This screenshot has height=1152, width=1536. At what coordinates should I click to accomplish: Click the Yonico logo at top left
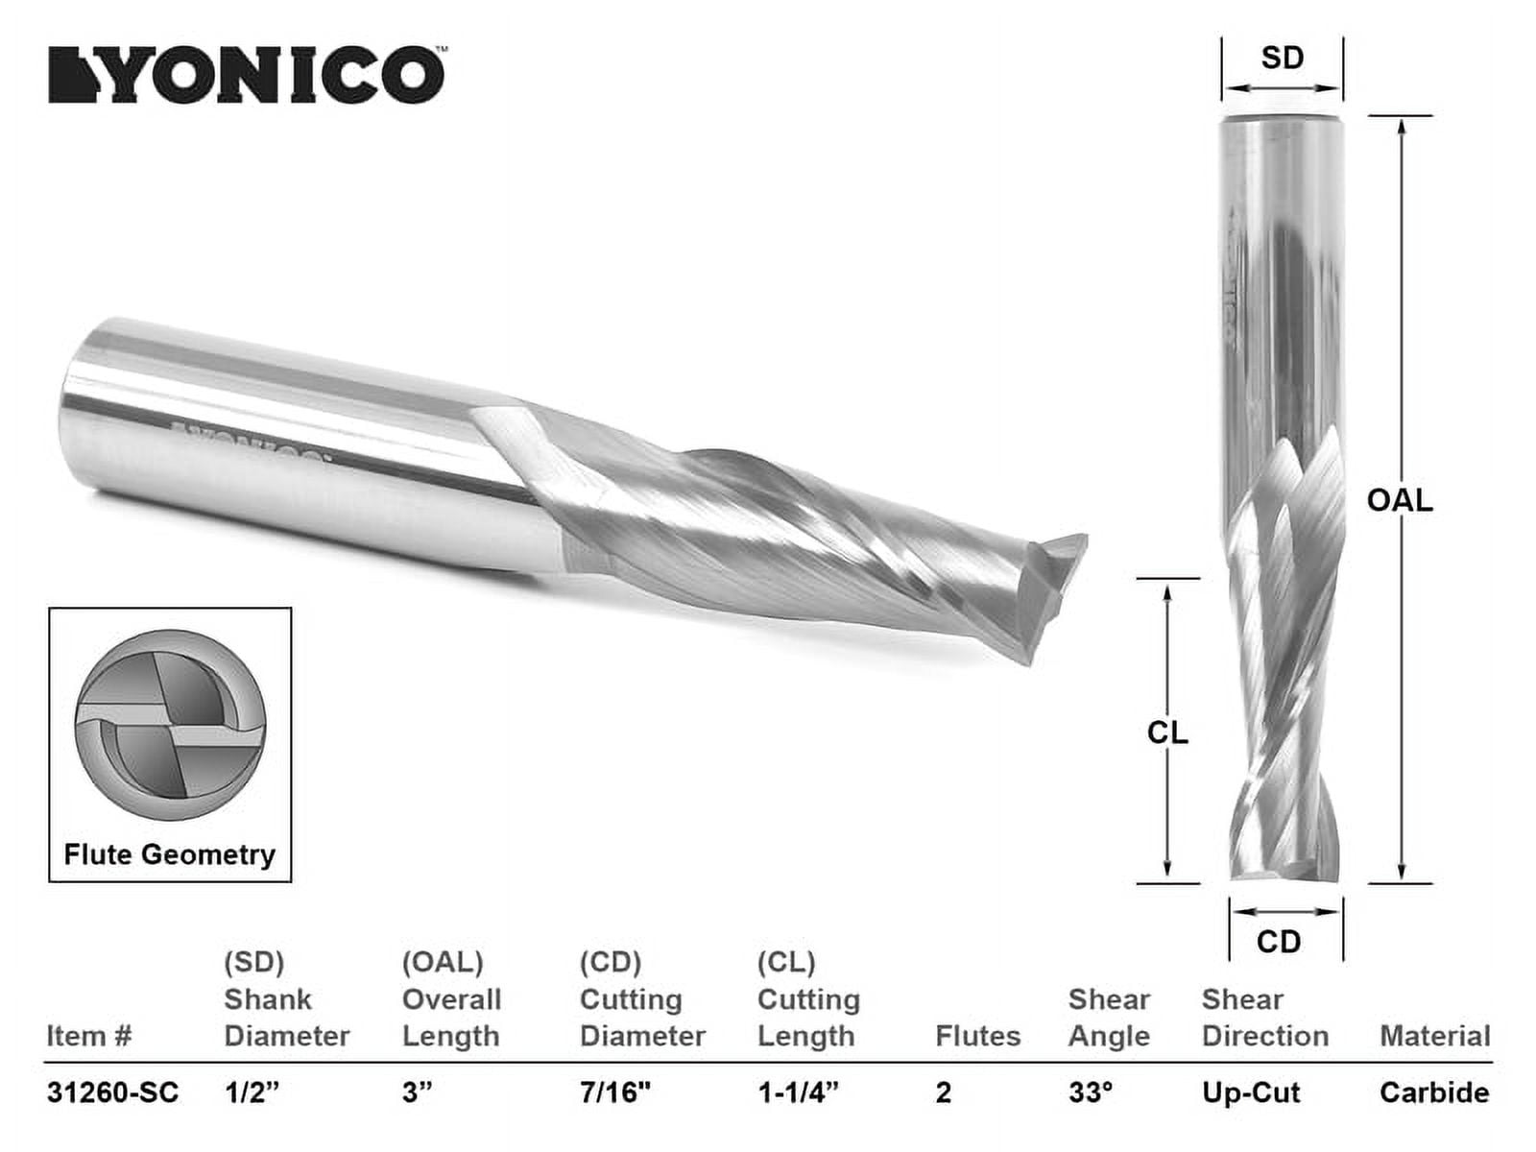247,75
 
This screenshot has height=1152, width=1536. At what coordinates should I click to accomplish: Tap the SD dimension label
1282,59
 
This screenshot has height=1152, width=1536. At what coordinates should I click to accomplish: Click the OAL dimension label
1399,500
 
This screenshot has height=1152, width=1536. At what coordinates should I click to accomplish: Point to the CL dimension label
1167,733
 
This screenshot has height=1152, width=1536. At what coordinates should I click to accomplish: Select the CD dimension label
1279,942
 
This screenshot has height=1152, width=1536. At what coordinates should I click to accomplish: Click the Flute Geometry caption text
170,854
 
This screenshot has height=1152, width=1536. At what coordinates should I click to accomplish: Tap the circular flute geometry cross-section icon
170,726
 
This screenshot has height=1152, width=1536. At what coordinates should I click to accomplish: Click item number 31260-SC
112,1092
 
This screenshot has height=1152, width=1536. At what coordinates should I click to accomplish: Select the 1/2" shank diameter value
252,1092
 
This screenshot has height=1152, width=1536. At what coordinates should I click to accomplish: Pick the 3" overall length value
418,1092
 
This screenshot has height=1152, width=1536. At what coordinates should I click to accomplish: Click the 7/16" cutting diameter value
615,1092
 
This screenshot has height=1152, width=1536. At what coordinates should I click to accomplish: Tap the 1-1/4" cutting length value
798,1092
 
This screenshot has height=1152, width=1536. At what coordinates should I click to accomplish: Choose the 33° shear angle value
1091,1092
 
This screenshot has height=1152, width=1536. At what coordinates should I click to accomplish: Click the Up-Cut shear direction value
1251,1092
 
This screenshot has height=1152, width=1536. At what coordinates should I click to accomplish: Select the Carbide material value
1434,1092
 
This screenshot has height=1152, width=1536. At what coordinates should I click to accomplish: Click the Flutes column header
977,1037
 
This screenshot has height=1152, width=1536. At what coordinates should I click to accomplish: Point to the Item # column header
88,1037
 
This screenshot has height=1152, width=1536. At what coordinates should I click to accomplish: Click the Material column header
1434,1037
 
